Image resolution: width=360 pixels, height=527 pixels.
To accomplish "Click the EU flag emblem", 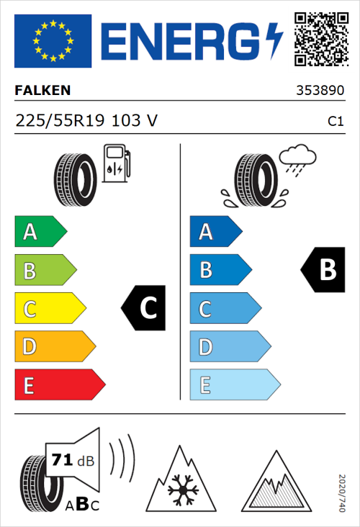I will [x=53, y=40].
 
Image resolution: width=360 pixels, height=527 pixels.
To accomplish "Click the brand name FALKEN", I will [x=42, y=91].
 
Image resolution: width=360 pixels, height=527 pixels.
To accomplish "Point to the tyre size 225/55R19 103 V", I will [x=86, y=122].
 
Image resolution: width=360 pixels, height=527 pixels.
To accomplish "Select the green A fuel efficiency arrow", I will [x=40, y=232].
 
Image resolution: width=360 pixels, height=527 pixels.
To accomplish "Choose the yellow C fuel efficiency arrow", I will [x=50, y=309].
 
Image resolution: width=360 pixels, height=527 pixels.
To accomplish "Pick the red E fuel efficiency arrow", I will [x=59, y=385].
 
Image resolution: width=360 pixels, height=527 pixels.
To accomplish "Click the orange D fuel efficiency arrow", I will [x=55, y=347].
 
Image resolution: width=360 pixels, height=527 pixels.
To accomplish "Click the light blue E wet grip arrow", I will [x=234, y=385].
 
